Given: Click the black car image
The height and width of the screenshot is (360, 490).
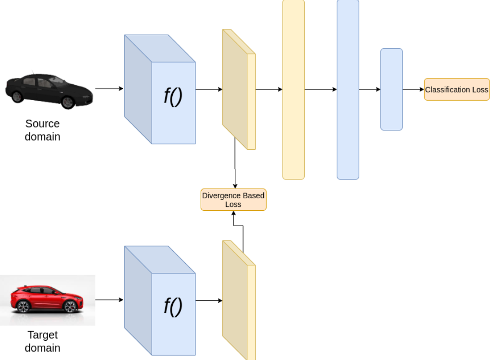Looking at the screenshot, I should [x=49, y=90].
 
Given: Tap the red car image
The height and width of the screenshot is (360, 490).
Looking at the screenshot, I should [x=47, y=300].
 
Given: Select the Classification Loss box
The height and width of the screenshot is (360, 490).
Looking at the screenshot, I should [x=456, y=90].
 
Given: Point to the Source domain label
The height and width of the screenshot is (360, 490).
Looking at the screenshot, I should [x=43, y=130].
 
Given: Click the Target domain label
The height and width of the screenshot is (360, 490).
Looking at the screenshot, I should [x=43, y=341].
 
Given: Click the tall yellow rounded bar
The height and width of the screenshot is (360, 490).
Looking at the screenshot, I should [x=293, y=90].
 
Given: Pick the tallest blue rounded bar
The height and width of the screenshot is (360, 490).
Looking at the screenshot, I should [x=348, y=90].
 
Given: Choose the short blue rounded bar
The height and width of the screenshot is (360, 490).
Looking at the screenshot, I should [x=391, y=90].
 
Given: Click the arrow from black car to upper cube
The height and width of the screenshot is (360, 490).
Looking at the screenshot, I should [x=109, y=89].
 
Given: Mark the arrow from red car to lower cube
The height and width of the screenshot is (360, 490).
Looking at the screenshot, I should [x=109, y=300].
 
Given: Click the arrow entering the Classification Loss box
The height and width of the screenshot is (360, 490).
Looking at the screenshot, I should [x=413, y=90].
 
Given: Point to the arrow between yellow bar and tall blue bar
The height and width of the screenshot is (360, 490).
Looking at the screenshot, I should [x=321, y=90].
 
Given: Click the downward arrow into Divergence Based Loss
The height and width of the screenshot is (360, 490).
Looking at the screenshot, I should [x=235, y=164].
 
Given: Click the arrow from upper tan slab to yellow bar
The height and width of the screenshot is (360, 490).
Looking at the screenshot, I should [x=269, y=90].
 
